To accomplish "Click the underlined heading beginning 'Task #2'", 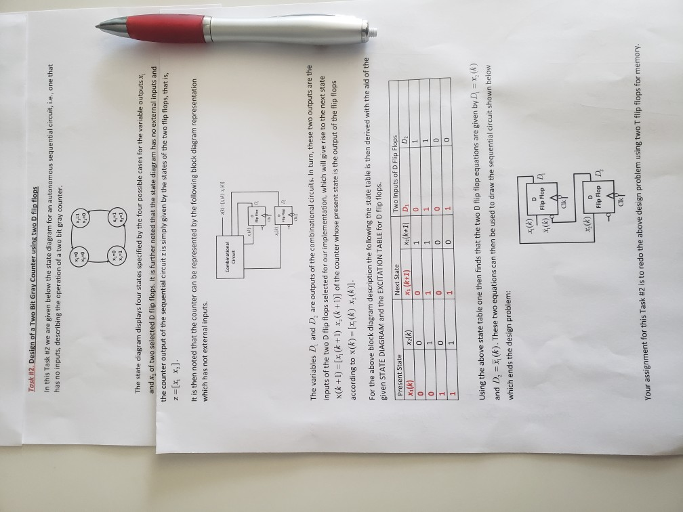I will (x=43, y=114).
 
